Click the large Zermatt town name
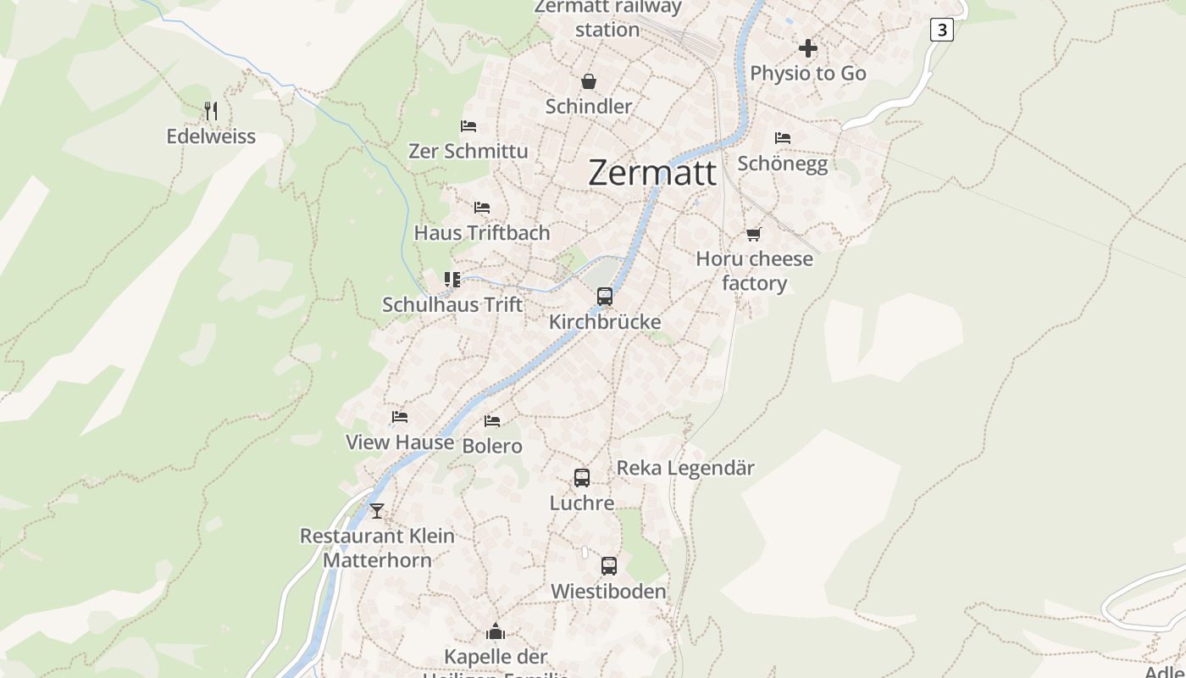point(651,173)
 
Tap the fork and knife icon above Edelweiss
point(211,110)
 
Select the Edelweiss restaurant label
point(211,136)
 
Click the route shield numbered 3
point(941,30)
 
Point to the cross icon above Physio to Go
point(808,48)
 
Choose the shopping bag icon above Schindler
point(589,81)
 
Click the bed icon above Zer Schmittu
point(468,126)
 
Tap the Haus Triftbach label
point(481,232)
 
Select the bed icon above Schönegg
point(783,137)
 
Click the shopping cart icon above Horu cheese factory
point(754,234)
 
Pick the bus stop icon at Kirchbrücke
point(605,297)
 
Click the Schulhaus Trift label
point(452,304)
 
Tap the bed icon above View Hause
point(400,417)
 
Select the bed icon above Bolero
point(492,421)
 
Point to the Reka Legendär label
point(684,468)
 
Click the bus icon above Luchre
point(582,478)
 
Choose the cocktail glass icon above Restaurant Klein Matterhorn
point(377,511)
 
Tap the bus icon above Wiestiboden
point(609,566)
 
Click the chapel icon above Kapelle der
point(496,631)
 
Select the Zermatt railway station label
point(607,18)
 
